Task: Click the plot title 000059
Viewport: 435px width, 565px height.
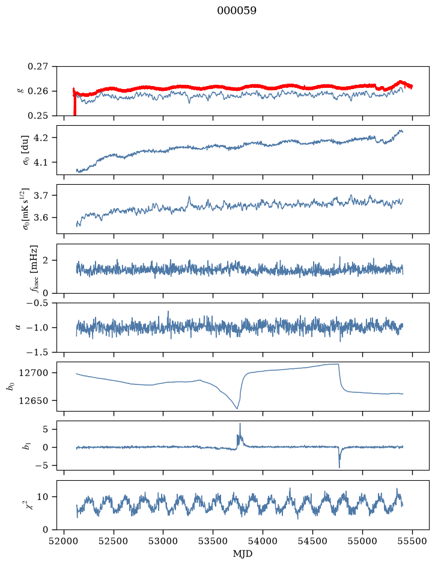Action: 237,11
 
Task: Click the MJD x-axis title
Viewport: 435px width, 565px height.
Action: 243,554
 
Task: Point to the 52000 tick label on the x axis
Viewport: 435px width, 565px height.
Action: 64,542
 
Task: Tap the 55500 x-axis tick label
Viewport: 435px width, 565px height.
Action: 412,542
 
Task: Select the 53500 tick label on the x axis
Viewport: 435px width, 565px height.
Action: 213,542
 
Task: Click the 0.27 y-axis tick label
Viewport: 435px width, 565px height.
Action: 38,67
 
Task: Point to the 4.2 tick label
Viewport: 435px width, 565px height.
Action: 41,138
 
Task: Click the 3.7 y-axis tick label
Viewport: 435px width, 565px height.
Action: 41,196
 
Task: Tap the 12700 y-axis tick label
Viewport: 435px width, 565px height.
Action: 34,373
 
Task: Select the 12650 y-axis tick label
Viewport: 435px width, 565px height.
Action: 34,400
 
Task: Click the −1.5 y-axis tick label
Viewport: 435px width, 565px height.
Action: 37,352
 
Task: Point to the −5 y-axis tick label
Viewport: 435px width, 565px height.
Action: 41,466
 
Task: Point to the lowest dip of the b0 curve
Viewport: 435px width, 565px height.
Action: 237,408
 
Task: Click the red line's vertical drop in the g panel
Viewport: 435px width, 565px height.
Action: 75,105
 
